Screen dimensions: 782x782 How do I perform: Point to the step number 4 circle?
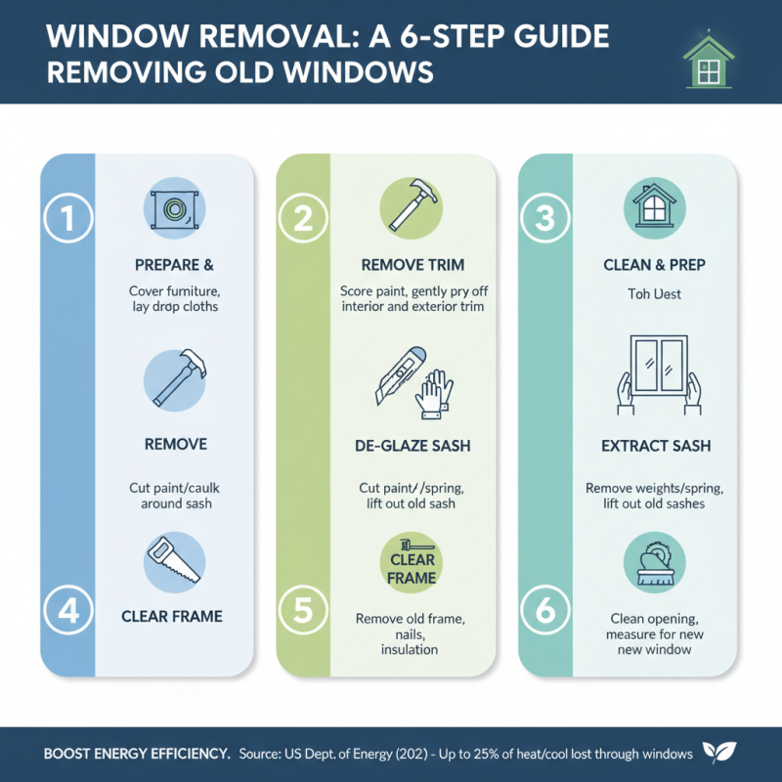pyautogui.click(x=67, y=611)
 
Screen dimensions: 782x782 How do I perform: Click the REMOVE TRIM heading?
pyautogui.click(x=412, y=265)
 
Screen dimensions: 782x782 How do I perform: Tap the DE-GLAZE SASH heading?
pyautogui.click(x=412, y=446)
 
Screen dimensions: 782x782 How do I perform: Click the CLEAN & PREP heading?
pyautogui.click(x=655, y=265)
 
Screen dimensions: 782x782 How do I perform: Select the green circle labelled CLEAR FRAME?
pyautogui.click(x=412, y=567)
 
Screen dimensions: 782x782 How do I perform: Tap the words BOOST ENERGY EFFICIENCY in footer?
pyautogui.click(x=137, y=754)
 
